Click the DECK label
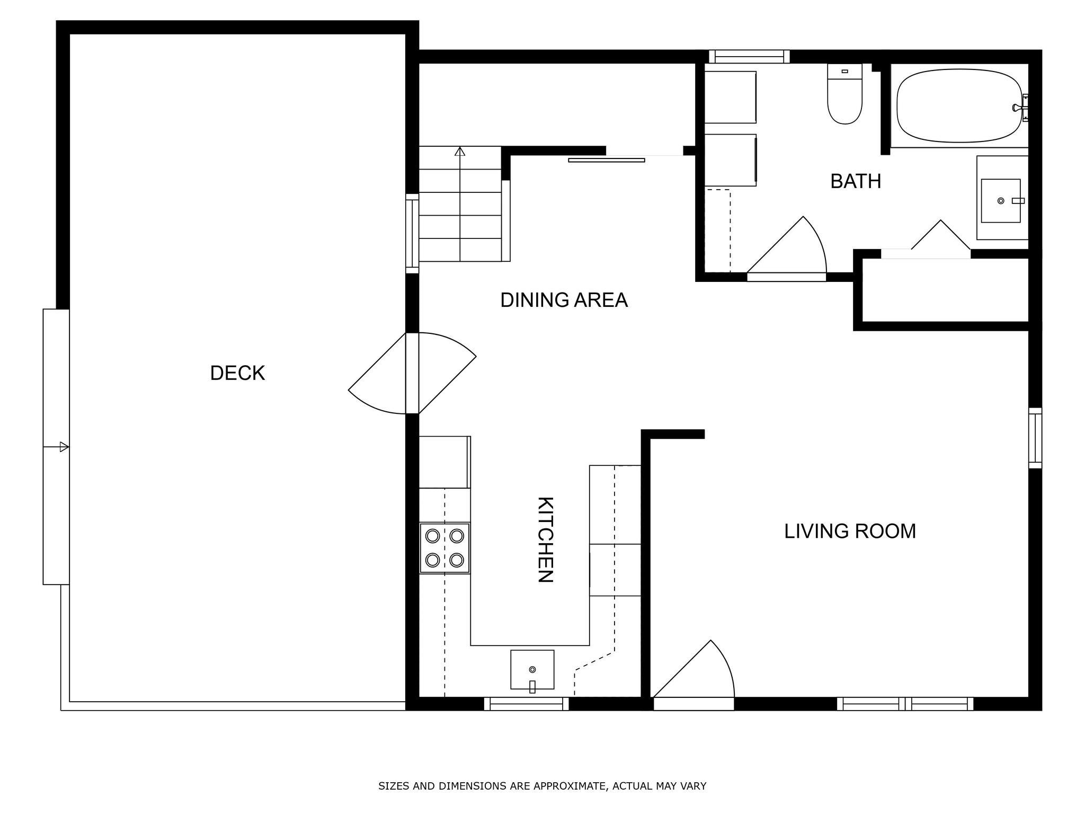[x=237, y=373]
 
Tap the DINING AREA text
[x=564, y=300]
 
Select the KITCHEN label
[x=546, y=539]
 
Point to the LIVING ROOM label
[x=850, y=531]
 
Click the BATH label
[x=856, y=181]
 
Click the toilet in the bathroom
[x=845, y=94]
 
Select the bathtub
[x=959, y=105]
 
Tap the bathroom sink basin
[x=1001, y=200]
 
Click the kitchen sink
[x=532, y=670]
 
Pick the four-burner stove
[x=445, y=548]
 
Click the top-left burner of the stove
[x=433, y=536]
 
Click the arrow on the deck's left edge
[x=56, y=447]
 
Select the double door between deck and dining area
[x=412, y=373]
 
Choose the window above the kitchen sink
[x=526, y=704]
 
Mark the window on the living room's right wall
[x=1035, y=438]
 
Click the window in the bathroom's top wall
[x=749, y=57]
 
